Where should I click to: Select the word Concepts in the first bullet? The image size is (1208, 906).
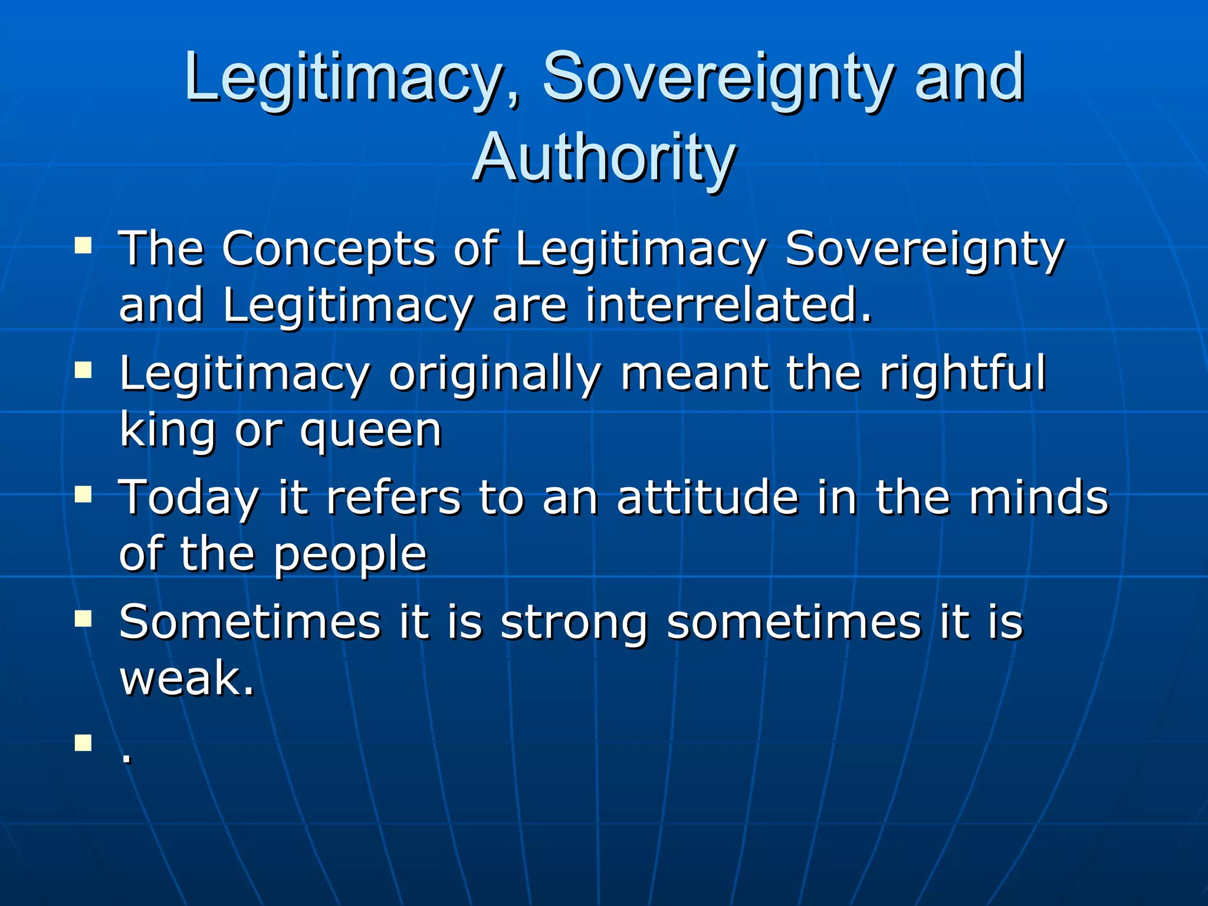(328, 250)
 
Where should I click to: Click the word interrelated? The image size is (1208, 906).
(728, 306)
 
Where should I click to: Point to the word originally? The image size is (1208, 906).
(494, 374)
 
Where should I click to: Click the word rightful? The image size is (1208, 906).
(962, 374)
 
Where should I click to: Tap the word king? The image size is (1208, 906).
(168, 431)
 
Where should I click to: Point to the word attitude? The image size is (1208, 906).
(708, 498)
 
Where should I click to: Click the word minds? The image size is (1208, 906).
(1039, 498)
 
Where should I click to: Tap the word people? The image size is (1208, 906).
(350, 556)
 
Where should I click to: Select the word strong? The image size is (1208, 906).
(573, 623)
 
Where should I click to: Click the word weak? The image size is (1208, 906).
(186, 678)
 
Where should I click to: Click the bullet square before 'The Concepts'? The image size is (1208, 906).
(83, 245)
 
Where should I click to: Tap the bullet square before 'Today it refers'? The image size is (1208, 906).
(83, 494)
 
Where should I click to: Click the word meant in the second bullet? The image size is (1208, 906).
(694, 374)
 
